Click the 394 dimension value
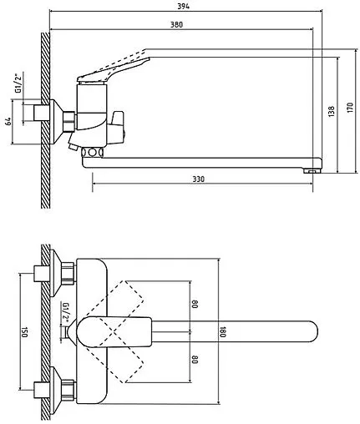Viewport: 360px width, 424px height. pos(183,6)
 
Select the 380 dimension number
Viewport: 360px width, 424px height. pos(176,25)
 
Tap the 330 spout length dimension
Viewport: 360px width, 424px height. pos(198,179)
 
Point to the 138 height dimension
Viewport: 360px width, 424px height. pos(332,111)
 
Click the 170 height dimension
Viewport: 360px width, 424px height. pos(350,108)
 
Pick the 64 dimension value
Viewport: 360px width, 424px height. pos(8,121)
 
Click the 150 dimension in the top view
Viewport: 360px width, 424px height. pos(24,332)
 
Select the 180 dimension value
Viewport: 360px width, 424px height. pos(223,331)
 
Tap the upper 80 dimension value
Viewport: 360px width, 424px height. pos(195,304)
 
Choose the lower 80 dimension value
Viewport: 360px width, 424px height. pos(195,359)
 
